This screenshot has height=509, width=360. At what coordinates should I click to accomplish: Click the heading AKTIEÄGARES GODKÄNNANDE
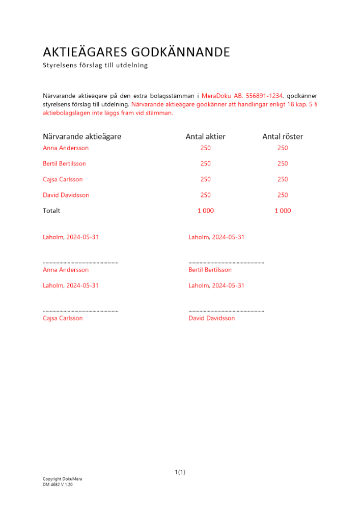tap(136, 52)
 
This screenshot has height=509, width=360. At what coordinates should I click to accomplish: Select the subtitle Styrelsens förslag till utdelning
tap(95, 65)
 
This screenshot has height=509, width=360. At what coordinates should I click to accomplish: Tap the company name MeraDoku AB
tap(223, 96)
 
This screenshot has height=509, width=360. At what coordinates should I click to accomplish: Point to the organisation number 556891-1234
tap(265, 96)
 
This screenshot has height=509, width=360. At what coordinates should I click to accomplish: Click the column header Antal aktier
tap(205, 136)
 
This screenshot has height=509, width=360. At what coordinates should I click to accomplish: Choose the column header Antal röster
tap(283, 136)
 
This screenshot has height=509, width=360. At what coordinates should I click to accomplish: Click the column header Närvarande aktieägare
tap(82, 136)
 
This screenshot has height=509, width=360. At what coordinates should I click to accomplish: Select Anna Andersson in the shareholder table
tap(66, 148)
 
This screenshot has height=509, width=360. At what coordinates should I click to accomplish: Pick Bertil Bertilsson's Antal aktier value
tap(205, 164)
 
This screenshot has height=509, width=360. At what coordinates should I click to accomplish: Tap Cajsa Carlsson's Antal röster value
tap(283, 179)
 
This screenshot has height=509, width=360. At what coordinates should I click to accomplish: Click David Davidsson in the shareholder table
tap(66, 195)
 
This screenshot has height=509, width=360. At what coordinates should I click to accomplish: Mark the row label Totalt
tap(51, 211)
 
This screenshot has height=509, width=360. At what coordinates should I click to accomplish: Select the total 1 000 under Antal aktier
tap(206, 211)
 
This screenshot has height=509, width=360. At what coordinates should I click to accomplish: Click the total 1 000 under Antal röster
tap(283, 211)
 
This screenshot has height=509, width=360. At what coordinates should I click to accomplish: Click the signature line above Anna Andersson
tap(80, 262)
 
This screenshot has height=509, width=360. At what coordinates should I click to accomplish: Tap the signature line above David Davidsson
tap(226, 310)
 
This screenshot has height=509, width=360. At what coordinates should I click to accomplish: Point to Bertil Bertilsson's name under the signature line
tap(210, 270)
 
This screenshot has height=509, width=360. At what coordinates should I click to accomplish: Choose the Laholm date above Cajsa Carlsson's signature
tap(71, 286)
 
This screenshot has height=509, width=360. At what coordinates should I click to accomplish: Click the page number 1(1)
tap(180, 472)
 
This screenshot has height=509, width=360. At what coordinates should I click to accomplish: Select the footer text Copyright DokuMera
tap(62, 479)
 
